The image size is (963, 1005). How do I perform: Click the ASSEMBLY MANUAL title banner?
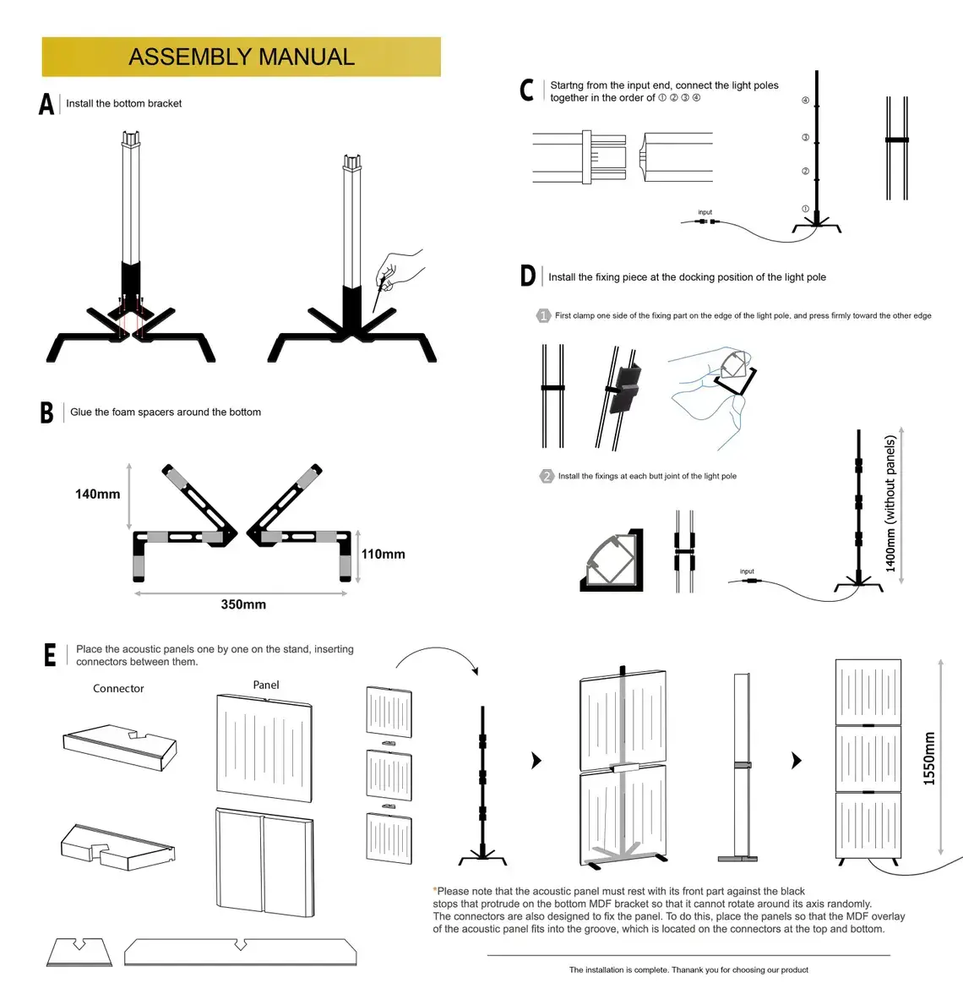(241, 57)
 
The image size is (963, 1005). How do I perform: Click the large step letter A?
(46, 104)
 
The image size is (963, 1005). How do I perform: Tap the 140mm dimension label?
(97, 494)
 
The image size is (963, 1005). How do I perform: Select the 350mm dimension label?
(243, 604)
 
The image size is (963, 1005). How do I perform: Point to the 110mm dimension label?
(383, 554)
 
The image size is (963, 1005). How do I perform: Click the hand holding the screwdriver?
(401, 268)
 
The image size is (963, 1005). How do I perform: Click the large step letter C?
(526, 90)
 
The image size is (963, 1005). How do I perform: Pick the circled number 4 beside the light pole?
(805, 101)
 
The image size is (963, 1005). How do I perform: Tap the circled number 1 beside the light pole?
(805, 209)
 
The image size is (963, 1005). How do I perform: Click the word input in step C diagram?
(705, 212)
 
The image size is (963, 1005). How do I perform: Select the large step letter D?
(527, 276)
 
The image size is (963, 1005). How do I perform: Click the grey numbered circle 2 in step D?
(547, 476)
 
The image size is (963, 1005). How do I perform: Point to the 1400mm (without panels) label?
(890, 504)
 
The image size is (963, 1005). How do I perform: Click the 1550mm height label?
(929, 758)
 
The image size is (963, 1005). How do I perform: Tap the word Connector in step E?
(118, 689)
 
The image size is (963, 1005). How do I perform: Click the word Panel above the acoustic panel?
(265, 685)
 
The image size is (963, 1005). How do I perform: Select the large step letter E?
(50, 655)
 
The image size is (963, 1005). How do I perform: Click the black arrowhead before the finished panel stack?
(796, 761)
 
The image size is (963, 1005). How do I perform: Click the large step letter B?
(46, 412)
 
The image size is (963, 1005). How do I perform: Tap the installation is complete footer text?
(688, 969)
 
